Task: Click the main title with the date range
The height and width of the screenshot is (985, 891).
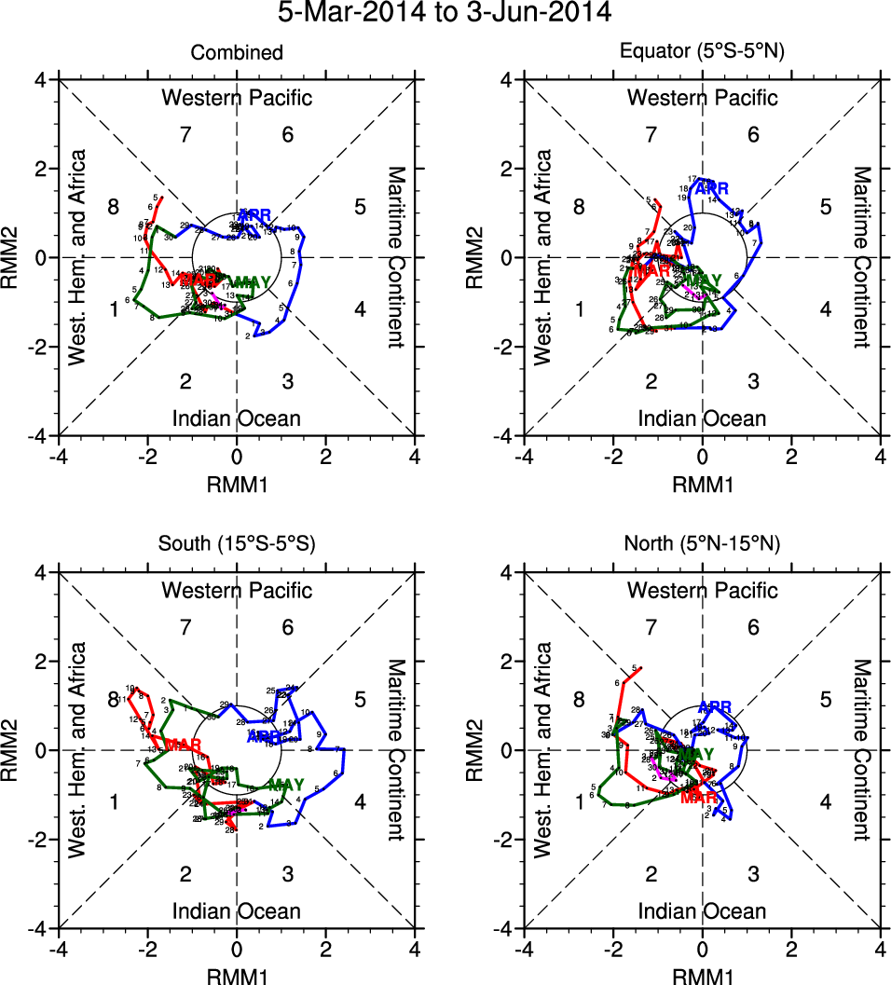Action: [x=445, y=13]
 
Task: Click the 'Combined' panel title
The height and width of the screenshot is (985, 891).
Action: [x=237, y=53]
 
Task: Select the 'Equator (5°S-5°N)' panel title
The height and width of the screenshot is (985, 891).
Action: [x=702, y=53]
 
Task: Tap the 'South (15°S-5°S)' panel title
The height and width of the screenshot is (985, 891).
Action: [x=237, y=545]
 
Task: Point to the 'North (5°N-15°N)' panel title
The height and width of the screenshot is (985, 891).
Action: [x=702, y=545]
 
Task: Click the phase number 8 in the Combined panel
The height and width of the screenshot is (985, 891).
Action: [x=113, y=207]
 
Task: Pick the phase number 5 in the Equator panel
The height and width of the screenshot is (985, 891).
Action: [x=825, y=207]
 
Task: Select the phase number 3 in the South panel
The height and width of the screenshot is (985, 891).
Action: [x=288, y=873]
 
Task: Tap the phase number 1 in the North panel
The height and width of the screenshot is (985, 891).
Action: [x=579, y=801]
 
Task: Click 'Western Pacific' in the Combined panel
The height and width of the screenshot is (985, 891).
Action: [x=237, y=97]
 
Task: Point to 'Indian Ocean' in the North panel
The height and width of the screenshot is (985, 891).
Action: [x=702, y=910]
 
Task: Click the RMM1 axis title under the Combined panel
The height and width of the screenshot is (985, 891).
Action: [x=237, y=485]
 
